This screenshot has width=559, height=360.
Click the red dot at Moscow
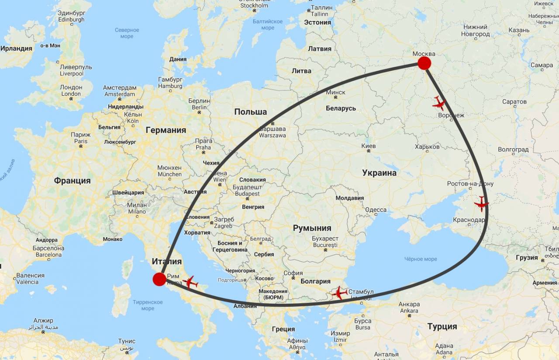[424, 63]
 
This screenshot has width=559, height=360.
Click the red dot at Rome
[159, 279]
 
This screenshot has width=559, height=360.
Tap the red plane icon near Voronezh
[439, 104]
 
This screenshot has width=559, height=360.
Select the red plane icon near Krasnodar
[481, 204]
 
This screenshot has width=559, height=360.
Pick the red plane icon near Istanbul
[339, 293]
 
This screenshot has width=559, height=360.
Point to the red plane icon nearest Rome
[190, 282]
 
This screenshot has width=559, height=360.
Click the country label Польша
[250, 112]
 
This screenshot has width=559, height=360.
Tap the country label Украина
[379, 173]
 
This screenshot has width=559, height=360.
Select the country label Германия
[166, 130]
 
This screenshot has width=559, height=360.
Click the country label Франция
[72, 180]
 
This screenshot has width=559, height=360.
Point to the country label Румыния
[312, 228]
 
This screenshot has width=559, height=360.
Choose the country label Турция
[442, 326]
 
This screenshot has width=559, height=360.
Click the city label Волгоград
[513, 149]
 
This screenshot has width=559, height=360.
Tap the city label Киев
[369, 145]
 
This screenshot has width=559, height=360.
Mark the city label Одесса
[376, 210]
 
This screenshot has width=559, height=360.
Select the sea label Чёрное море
[420, 259]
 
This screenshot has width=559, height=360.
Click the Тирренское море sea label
[148, 305]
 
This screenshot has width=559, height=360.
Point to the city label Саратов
[514, 102]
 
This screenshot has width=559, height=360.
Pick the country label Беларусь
[341, 108]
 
